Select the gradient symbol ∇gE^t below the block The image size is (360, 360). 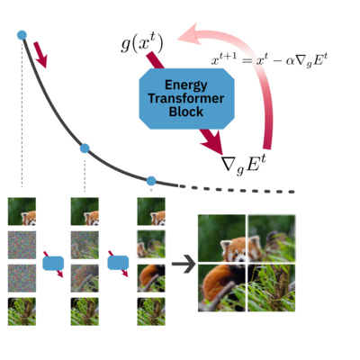[x=246, y=163]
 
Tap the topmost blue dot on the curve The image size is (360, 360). [x=22, y=35]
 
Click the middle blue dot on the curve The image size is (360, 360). [x=85, y=148]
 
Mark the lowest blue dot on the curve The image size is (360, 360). [x=151, y=181]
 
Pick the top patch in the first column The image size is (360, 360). [x=22, y=211]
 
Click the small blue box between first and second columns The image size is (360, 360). [x=53, y=263]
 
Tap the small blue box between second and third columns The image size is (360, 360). [x=118, y=263]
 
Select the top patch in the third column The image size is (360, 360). [x=149, y=211]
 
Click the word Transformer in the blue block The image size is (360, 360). [x=185, y=99]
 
